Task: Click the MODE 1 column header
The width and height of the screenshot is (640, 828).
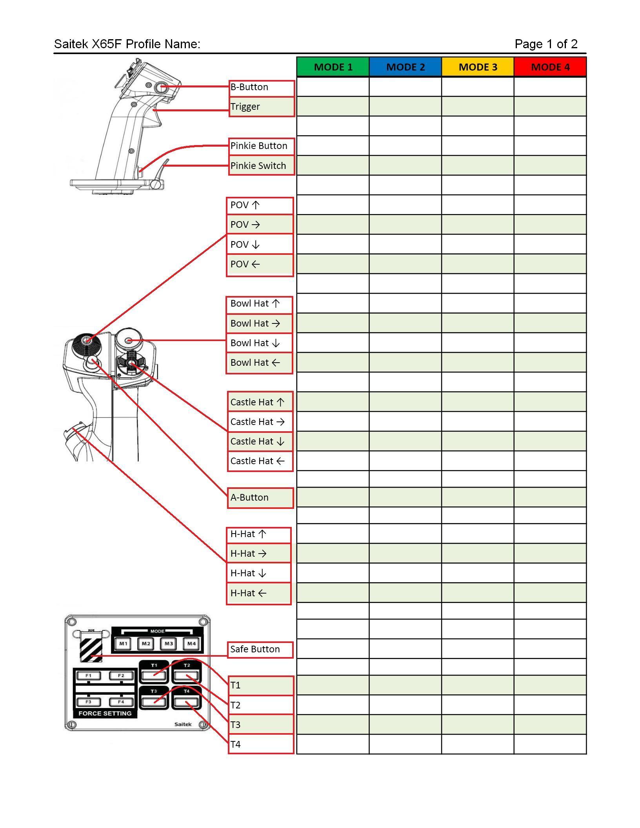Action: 333,67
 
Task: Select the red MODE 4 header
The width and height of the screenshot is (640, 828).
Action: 550,67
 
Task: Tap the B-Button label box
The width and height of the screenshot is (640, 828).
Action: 262,87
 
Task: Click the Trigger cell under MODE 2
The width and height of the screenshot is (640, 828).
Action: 405,107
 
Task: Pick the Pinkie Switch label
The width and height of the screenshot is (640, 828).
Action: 262,165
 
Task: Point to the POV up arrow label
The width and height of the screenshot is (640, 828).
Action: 260,205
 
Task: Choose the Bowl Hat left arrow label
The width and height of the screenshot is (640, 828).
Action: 259,363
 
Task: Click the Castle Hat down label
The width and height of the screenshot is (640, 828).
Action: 260,441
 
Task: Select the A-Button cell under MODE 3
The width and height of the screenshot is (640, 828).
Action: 478,497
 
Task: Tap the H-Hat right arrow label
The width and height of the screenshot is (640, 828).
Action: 258,554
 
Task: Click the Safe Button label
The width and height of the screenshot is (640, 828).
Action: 260,649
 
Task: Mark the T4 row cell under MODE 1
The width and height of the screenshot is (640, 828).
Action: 333,744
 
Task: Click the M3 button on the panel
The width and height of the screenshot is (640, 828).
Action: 169,644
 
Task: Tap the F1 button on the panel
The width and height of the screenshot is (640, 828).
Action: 89,675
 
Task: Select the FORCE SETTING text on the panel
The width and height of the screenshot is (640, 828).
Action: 105,714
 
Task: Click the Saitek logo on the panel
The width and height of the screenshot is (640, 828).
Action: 183,724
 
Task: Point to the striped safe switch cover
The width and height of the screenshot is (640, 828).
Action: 91,648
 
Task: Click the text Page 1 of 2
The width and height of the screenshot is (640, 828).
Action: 546,44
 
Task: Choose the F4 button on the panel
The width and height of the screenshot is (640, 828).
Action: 121,702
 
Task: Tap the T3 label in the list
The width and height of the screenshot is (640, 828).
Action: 261,724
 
